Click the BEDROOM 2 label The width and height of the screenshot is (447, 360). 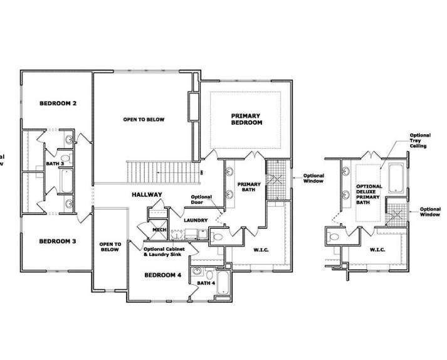tap(58, 103)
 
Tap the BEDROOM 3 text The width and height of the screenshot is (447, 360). tap(58, 241)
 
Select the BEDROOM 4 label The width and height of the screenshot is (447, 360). tap(163, 275)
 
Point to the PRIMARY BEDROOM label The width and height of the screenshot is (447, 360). tap(246, 119)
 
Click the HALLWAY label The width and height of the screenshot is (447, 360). tap(147, 194)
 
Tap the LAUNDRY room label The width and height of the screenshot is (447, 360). tap(195, 220)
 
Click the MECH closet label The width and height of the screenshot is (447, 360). tap(158, 230)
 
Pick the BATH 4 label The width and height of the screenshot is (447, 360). tap(206, 283)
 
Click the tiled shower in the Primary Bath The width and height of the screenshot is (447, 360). tap(276, 181)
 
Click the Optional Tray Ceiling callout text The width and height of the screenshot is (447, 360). tap(419, 140)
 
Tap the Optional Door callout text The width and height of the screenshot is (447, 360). tap(201, 200)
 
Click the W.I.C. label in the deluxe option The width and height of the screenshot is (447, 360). tap(377, 250)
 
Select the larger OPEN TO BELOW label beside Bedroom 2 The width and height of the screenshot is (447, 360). tap(144, 119)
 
